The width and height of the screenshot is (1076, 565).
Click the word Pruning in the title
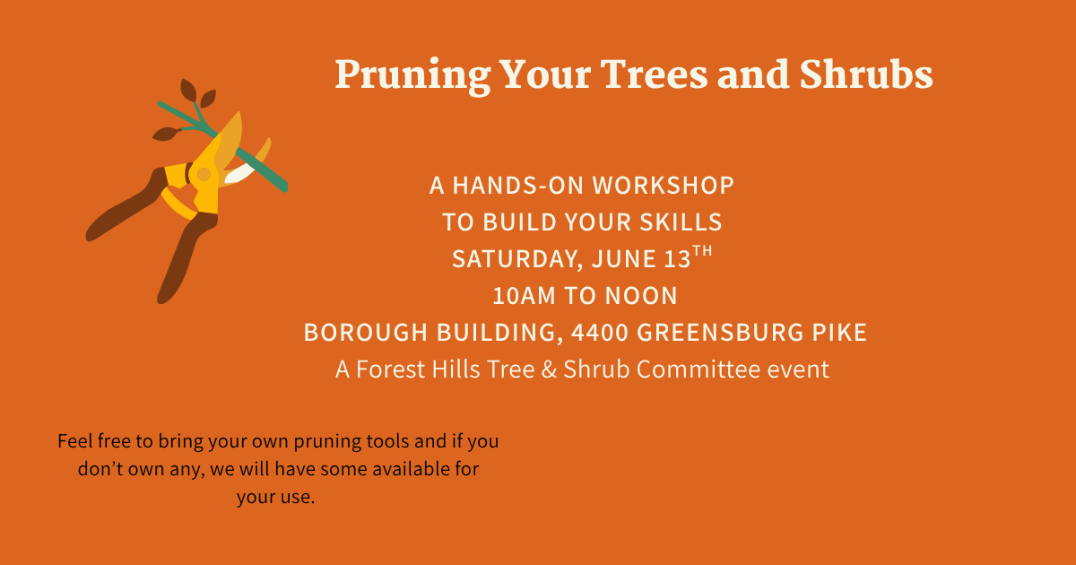(x=412, y=76)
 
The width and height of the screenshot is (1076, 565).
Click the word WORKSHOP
(x=663, y=186)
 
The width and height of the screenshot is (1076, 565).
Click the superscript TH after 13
(x=702, y=251)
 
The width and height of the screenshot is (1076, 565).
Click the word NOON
(x=641, y=295)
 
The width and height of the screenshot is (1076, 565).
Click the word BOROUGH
(x=366, y=333)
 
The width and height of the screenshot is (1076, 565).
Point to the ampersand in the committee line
(x=549, y=369)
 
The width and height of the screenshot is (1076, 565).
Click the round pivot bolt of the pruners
(x=204, y=174)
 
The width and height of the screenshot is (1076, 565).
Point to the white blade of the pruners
(x=239, y=173)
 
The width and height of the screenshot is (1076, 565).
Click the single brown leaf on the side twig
(x=166, y=134)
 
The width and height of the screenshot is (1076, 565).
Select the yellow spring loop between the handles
(x=177, y=204)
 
